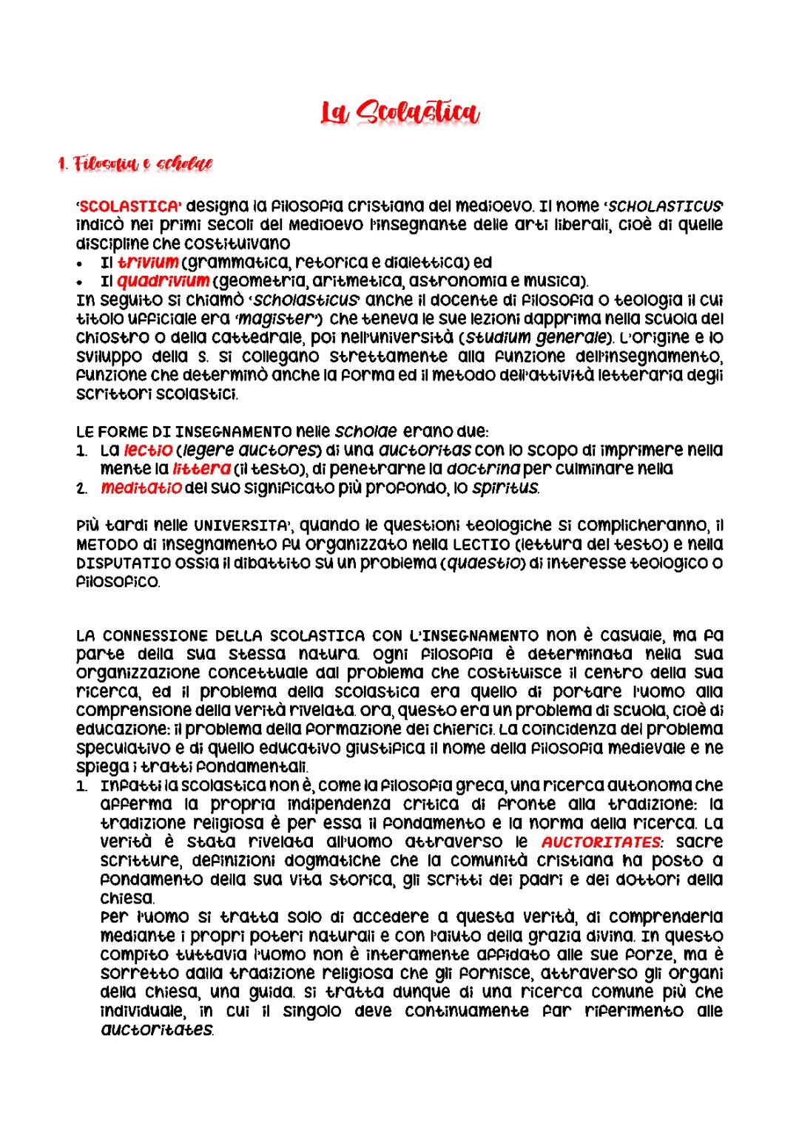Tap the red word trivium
149,262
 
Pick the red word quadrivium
163,281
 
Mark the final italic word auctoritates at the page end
156,1029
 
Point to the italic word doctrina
477,469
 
